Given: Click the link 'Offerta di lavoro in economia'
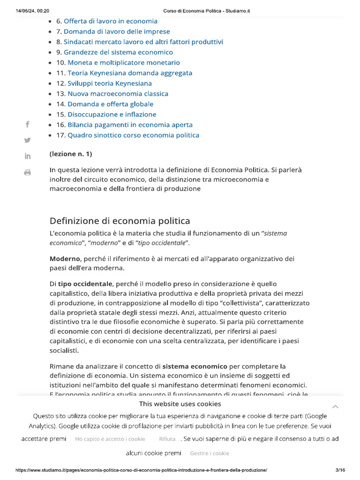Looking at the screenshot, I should tap(111, 21).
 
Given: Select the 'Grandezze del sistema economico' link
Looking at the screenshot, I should tap(118, 52).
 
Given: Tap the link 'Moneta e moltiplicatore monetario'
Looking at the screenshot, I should tap(124, 62).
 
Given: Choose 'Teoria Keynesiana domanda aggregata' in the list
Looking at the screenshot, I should tap(130, 73).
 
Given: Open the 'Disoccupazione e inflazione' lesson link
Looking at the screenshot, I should tap(112, 114).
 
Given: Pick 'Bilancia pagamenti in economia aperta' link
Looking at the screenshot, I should tap(130, 125).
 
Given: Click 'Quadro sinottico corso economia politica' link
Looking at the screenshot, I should tap(133, 135).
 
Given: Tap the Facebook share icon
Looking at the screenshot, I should tap(27, 124).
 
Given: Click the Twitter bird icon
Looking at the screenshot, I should tap(27, 140).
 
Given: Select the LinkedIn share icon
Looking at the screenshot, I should tap(27, 156).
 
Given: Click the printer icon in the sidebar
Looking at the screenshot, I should tap(27, 172).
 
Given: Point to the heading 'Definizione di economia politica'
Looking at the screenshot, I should tap(120, 221).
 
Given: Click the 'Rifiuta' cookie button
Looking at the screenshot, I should tap(167, 439).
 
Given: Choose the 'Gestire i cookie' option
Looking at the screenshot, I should tap(210, 453).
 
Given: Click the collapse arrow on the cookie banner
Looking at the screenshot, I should tap(335, 406).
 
